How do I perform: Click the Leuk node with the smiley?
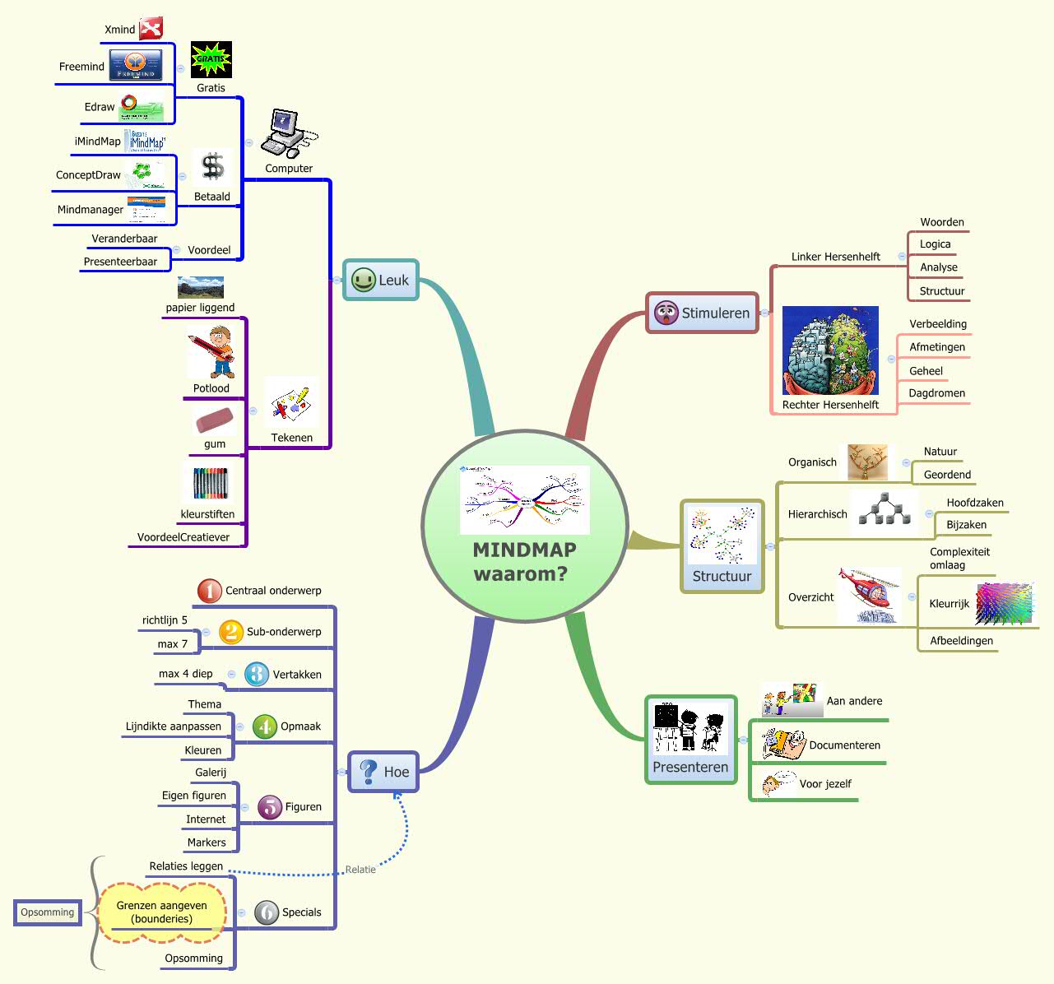(x=380, y=281)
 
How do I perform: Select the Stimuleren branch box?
(x=703, y=313)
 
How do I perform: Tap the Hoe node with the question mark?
(x=383, y=772)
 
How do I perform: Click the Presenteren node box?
(x=690, y=740)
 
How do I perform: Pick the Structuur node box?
(x=722, y=546)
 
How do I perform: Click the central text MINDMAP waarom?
(x=524, y=562)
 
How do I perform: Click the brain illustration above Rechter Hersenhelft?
(x=830, y=351)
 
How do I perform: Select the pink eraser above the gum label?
(x=215, y=420)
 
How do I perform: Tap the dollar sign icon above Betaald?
(x=213, y=167)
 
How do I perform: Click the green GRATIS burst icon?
(x=211, y=59)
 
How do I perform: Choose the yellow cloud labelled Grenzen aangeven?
(x=162, y=912)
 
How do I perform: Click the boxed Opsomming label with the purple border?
(x=48, y=912)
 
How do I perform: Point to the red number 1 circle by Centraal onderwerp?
(x=209, y=591)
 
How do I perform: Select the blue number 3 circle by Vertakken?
(x=257, y=675)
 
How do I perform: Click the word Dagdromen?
(x=936, y=393)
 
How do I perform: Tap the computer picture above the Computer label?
(x=286, y=133)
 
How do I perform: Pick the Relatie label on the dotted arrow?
(x=360, y=870)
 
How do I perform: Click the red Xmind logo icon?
(x=151, y=29)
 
